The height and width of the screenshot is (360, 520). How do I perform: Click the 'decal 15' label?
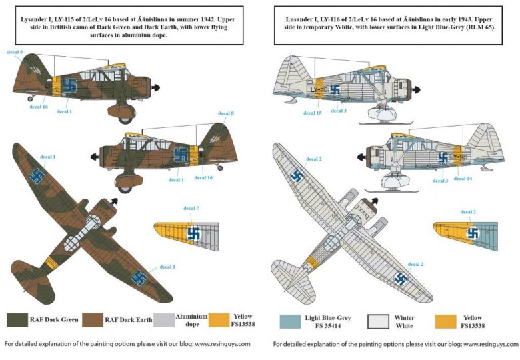312,113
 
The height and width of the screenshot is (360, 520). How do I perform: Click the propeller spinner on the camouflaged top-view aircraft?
115,201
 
